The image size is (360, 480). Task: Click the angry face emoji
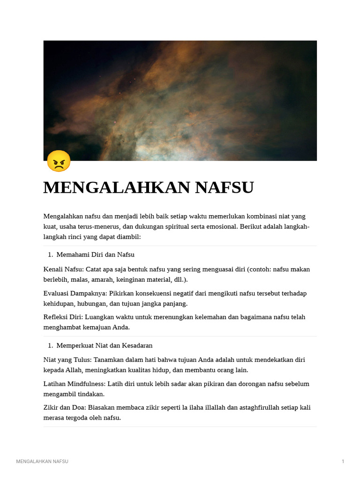pos(59,161)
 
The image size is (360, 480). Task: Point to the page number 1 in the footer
pos(343,462)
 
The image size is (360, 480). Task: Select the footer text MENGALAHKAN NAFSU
pos(42,462)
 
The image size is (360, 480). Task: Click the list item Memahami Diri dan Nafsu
pos(95,255)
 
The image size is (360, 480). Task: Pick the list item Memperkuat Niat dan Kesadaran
pos(104,345)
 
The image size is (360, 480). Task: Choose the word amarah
pos(108,279)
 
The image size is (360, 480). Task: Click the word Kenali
pos(53,269)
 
